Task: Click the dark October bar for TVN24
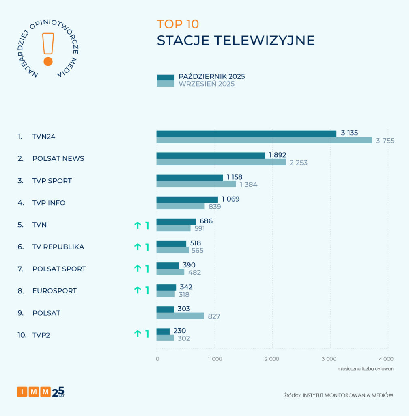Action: [246, 134]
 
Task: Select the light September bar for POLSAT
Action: [180, 316]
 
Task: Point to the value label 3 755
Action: [385, 141]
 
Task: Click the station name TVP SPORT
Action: [52, 181]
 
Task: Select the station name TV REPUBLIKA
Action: [58, 247]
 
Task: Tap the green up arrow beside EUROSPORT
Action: [138, 290]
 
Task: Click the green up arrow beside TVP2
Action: [138, 334]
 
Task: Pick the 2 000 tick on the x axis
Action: [271, 359]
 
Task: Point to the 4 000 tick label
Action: [386, 359]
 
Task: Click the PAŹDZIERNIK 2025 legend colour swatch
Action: [166, 77]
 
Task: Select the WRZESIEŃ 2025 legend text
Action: [207, 84]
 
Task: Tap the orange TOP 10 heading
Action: [178, 24]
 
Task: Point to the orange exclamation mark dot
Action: [48, 62]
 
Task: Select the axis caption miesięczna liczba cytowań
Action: [365, 369]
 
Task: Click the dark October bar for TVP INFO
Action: [187, 199]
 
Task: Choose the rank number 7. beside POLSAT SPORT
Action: [20, 269]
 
